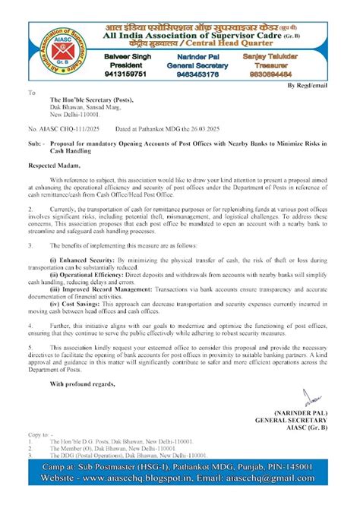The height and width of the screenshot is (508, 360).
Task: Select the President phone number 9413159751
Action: pos(127,74)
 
